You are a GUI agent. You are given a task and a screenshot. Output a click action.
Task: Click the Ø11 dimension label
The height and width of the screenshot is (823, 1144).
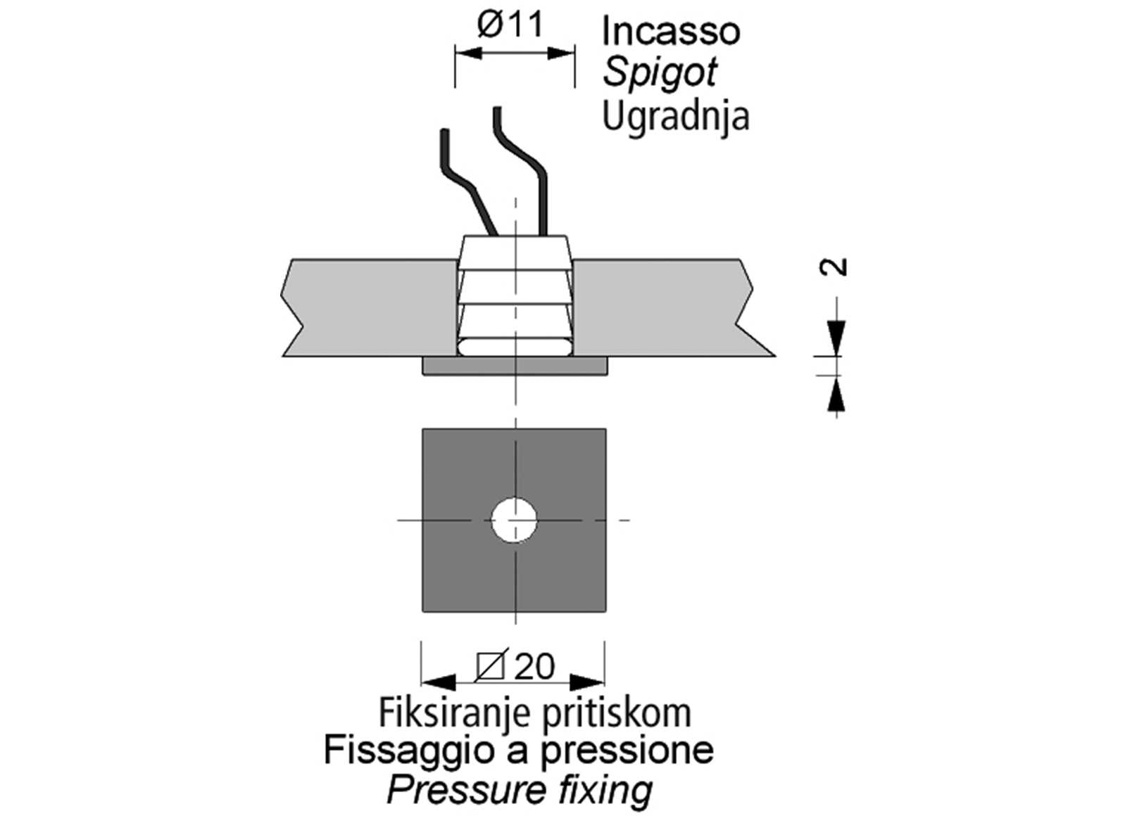pos(510,25)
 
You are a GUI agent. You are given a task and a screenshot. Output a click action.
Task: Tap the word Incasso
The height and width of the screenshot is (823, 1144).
pos(670,31)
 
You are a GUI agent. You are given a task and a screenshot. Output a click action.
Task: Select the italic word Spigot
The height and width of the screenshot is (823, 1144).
pos(660,72)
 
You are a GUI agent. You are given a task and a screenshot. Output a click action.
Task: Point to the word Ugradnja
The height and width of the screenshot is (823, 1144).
pos(675,115)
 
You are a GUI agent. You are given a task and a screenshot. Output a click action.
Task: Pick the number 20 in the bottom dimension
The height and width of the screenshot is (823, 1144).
pos(534,666)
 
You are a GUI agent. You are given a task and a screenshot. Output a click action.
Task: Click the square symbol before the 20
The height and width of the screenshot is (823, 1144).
pos(490,666)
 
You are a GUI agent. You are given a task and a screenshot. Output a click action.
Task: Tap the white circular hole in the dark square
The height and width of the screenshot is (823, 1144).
pos(515,520)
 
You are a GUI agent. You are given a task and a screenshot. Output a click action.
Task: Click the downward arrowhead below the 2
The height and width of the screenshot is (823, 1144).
pos(836,337)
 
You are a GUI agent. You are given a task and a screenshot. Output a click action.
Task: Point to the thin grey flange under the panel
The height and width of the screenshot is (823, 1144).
pos(515,366)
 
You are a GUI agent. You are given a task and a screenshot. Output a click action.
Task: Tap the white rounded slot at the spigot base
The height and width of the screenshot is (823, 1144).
pos(515,347)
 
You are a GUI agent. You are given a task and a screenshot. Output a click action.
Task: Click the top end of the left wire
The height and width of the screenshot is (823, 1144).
pos(444,132)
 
